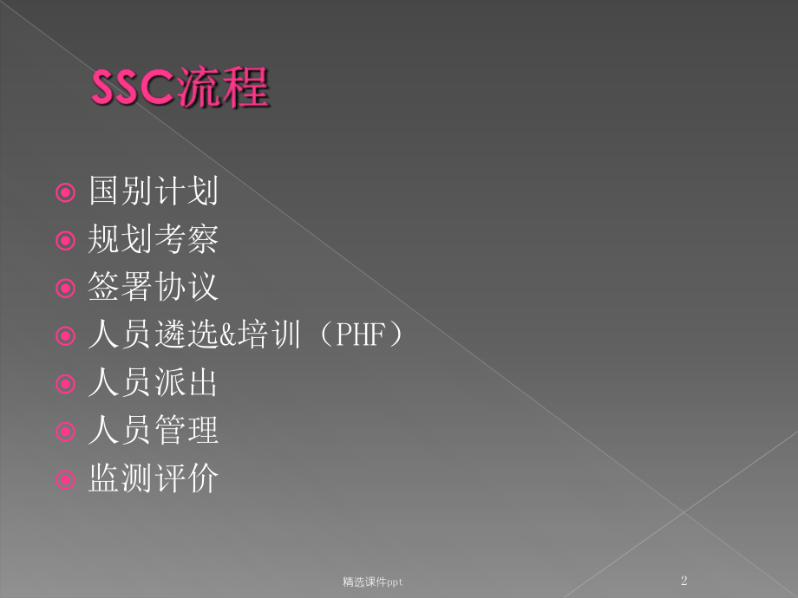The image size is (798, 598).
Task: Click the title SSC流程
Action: [180, 89]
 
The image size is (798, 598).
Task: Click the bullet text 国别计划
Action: [153, 192]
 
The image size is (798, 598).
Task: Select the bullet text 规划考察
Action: [153, 240]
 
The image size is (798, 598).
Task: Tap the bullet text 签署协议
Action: [153, 288]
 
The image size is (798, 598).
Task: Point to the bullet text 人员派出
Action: [153, 382]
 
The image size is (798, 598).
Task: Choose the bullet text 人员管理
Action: [153, 430]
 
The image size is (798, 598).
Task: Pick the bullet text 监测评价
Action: [153, 478]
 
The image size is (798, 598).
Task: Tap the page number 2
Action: [684, 581]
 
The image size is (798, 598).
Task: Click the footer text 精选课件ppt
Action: [372, 582]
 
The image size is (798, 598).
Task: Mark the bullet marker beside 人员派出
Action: [65, 383]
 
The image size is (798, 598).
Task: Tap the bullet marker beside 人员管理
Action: [65, 431]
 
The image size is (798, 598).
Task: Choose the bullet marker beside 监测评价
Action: [65, 478]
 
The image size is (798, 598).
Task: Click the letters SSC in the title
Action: [134, 90]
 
